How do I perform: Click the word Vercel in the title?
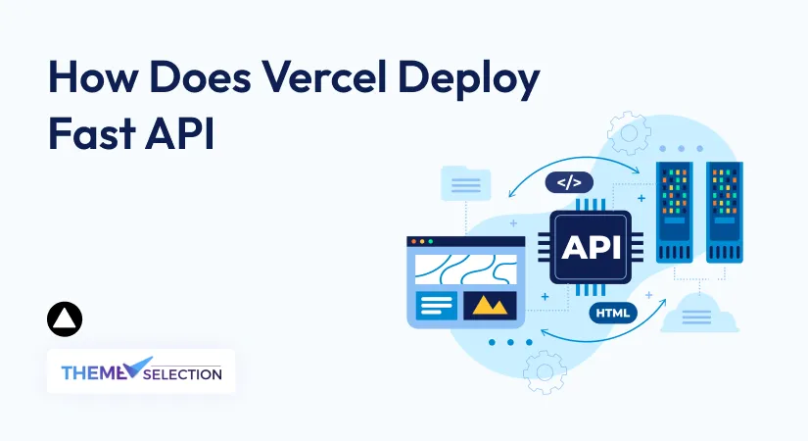(324, 77)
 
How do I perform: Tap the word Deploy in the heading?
(468, 80)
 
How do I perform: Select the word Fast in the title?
(92, 133)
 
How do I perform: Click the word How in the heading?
(93, 77)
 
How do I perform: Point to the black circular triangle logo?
(65, 319)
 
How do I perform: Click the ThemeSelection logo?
(141, 370)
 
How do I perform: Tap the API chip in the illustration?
(591, 248)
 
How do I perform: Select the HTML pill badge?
(613, 313)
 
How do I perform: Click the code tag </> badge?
(569, 182)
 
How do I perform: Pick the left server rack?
(675, 212)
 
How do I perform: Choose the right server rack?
(724, 212)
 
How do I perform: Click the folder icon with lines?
(466, 183)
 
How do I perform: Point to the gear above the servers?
(629, 133)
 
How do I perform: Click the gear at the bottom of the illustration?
(545, 371)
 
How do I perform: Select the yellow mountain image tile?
(490, 306)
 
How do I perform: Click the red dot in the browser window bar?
(413, 241)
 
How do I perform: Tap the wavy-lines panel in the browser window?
(466, 269)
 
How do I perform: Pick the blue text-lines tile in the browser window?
(436, 306)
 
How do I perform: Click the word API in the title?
(180, 133)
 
